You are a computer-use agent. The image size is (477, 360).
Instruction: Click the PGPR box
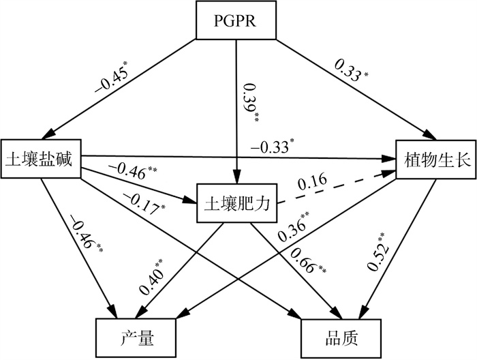(x=235, y=20)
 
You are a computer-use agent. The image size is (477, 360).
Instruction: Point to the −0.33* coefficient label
(x=273, y=146)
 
